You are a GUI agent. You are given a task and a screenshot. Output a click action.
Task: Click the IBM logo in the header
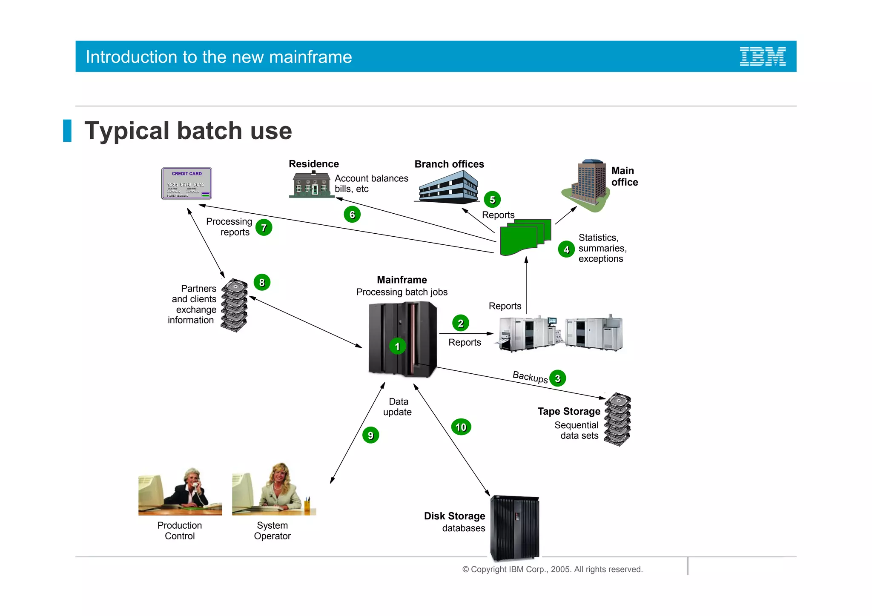click(762, 57)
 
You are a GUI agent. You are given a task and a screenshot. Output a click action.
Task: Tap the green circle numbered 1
click(397, 346)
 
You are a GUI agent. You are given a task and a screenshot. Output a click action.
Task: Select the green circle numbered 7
click(264, 228)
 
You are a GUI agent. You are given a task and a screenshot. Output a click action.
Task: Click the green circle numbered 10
click(461, 427)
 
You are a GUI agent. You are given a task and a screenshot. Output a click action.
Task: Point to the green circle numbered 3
click(557, 378)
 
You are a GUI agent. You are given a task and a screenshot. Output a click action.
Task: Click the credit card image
click(186, 183)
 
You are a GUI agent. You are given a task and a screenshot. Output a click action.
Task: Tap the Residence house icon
click(311, 185)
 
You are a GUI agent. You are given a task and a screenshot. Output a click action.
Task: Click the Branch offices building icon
click(448, 187)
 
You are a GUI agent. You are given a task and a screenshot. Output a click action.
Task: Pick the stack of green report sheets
click(525, 237)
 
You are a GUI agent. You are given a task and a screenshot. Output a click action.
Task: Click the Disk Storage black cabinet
click(514, 527)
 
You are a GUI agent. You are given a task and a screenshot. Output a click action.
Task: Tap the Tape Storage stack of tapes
click(617, 419)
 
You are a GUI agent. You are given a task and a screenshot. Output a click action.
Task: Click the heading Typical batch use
click(188, 131)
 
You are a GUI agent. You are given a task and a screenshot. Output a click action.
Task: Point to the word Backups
click(530, 377)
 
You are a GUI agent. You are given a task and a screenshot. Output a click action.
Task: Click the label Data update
click(398, 407)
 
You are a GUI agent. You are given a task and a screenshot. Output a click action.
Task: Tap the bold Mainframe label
click(402, 280)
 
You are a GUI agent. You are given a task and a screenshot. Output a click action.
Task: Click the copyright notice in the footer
click(552, 569)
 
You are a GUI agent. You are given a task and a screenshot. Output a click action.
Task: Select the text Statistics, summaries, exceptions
click(602, 248)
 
